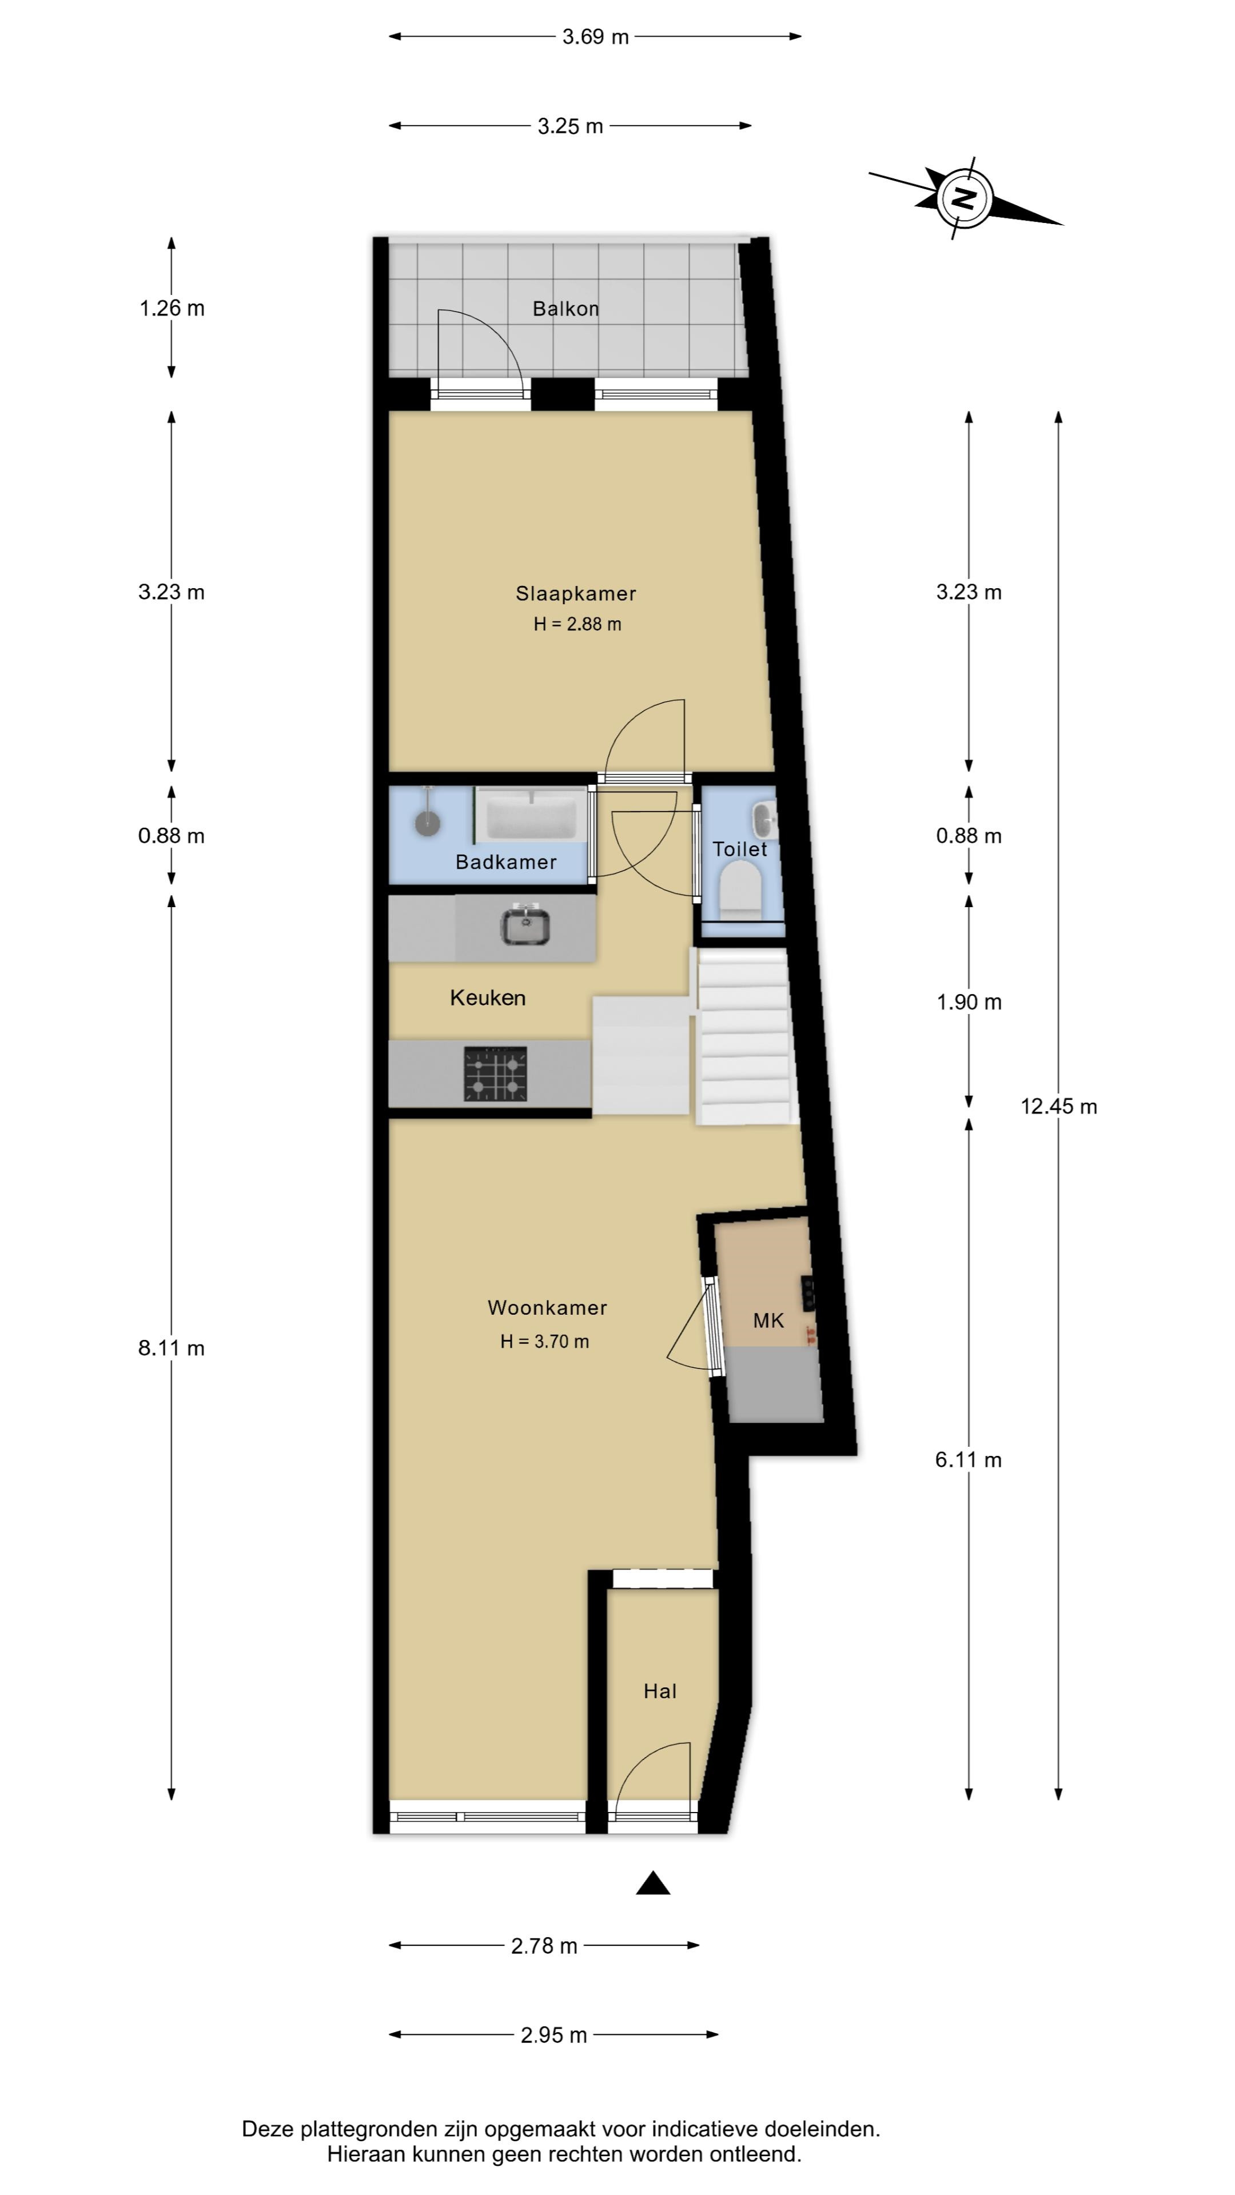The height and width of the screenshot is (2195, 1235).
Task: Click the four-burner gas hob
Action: coord(495,1073)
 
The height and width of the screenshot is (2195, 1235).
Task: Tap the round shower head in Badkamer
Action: coord(427,823)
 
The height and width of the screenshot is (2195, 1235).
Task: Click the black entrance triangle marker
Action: coord(653,1882)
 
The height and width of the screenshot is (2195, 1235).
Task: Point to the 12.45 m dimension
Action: coord(1058,1107)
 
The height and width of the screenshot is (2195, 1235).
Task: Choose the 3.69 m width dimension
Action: coord(595,37)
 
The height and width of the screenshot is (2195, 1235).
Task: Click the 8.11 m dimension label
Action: coord(172,1348)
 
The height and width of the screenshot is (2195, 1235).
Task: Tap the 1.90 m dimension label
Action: coord(969,1002)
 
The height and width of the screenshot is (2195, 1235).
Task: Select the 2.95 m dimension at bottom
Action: coord(554,2035)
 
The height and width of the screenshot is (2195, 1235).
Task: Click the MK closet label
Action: coord(768,1321)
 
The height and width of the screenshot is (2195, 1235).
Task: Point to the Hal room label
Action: coord(660,1691)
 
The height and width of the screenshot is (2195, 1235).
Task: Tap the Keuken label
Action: coord(488,998)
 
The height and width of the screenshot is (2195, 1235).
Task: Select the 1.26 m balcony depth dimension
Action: coord(172,309)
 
